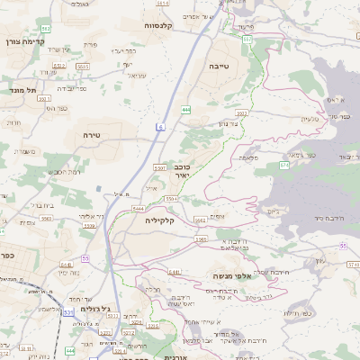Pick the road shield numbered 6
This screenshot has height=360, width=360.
click(x=159, y=126)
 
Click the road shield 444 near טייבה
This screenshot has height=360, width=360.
click(x=185, y=109)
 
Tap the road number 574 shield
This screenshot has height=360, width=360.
click(x=284, y=166)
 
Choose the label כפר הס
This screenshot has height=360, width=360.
click(x=59, y=108)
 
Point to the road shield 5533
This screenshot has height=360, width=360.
click(x=83, y=66)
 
